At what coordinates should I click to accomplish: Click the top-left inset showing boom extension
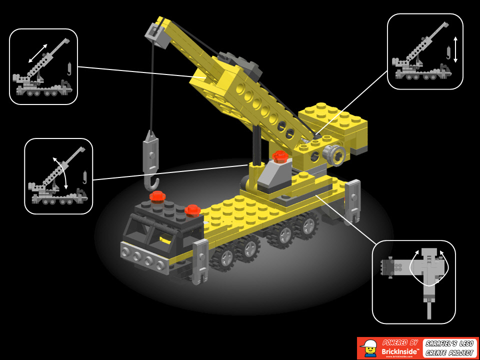pos(43,66)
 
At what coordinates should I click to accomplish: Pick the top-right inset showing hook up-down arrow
pos(424,51)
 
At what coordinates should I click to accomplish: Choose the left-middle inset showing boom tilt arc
pos(58,176)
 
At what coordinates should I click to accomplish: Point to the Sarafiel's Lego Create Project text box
pos(449,348)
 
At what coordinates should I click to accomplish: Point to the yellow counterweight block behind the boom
pos(333,122)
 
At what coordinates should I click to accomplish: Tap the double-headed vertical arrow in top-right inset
pos(455,50)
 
